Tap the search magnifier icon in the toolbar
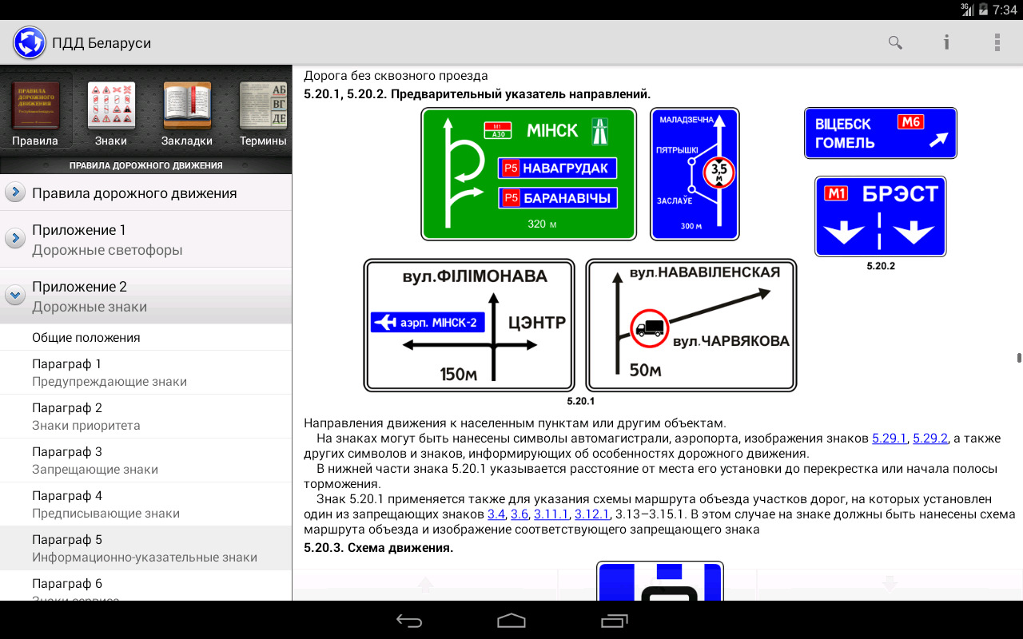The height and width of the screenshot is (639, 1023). tap(895, 43)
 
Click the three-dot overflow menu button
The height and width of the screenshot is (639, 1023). tap(997, 42)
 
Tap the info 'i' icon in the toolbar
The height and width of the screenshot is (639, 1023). tap(946, 42)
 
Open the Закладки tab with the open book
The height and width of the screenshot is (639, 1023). tap(187, 113)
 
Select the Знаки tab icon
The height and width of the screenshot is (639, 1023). tap(111, 113)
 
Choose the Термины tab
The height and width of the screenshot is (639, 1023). tap(263, 113)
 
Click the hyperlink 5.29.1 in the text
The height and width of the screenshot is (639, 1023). tap(889, 439)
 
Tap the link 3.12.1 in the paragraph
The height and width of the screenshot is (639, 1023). tap(592, 514)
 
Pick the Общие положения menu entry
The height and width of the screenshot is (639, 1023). tap(86, 338)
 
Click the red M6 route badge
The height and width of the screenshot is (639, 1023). tap(910, 122)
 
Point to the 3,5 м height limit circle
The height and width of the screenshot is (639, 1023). tap(718, 173)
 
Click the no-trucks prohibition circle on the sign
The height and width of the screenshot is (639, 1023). tap(650, 328)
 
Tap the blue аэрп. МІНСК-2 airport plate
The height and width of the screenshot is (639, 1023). tap(428, 322)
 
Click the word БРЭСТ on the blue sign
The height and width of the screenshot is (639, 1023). tap(900, 194)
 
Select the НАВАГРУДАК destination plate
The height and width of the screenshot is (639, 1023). tap(557, 168)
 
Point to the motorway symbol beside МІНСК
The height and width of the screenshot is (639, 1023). tap(600, 131)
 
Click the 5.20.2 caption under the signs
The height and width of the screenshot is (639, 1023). tap(881, 266)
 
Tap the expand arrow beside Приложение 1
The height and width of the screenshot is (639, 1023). tap(15, 238)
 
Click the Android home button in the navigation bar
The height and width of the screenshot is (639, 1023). tap(511, 621)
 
